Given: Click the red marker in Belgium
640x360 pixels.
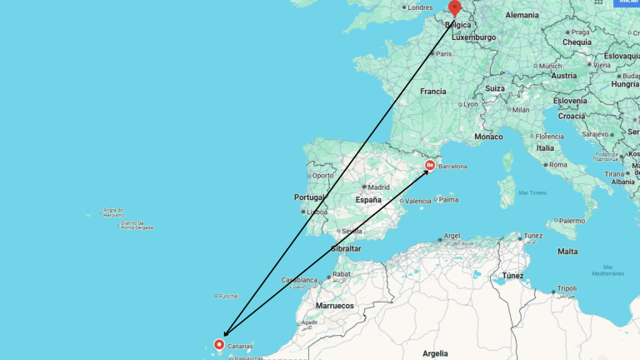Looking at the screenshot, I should pos(454,7).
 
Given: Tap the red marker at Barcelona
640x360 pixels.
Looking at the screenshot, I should pos(430,166).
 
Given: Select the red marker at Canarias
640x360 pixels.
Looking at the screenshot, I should pos(220,344).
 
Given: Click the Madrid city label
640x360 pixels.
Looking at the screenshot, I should pos(379,187).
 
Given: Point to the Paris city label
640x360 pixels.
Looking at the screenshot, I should pos(444,53).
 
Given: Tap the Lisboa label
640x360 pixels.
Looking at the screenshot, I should pos(317,212).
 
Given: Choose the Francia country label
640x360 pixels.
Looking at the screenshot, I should pos(433,92).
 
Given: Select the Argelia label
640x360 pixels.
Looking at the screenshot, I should pos(435,353).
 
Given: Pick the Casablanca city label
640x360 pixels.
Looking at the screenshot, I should pos(299,280).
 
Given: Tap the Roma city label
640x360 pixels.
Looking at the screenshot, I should pos(557,164).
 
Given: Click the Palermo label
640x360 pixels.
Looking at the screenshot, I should pos(572,221).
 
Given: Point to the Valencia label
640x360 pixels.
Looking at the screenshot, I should pos(418,201).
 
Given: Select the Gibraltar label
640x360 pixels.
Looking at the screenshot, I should pos(347,248).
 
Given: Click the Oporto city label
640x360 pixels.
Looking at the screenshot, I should pos(322,175).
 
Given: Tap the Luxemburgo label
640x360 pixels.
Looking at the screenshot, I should pos(473,37).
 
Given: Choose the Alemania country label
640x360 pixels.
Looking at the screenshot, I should pos(522,15).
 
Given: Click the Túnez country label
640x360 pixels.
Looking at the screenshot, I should pos(512,275).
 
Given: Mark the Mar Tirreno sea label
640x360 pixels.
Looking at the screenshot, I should pos(532,192).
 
